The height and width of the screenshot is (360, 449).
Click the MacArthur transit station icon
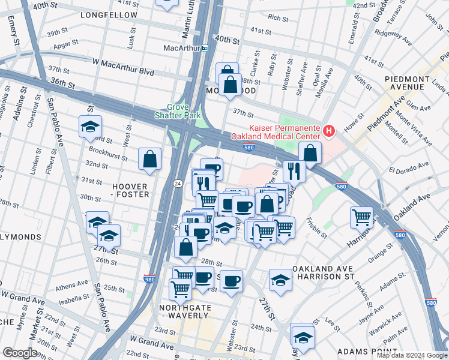pos(204,48)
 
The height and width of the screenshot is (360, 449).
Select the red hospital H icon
pos(328,130)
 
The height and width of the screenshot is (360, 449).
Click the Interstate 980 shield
pos(149,278)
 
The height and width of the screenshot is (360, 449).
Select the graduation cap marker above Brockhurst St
pos(90,127)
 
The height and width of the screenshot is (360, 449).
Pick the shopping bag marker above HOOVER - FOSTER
pos(150,160)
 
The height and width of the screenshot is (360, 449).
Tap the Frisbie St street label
pos(318,227)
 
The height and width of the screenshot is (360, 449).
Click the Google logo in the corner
pos(20,353)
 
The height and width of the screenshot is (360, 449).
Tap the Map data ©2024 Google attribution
pos(412,355)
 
